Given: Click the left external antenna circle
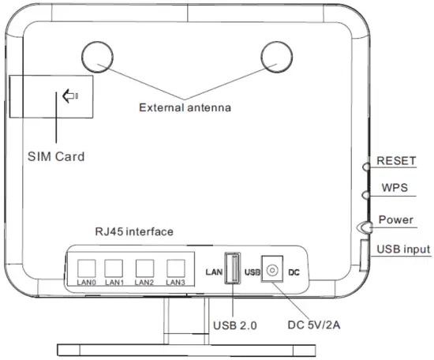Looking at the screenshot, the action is [x=82, y=57].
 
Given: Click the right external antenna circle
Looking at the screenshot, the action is [x=261, y=57].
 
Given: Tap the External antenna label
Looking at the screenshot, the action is [x=185, y=107].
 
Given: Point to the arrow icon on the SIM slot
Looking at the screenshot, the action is [x=70, y=96].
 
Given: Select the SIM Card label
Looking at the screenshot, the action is [x=56, y=156].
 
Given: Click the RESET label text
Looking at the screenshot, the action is [x=396, y=160].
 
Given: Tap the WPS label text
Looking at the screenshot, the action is [x=395, y=187].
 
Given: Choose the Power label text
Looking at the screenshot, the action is [x=396, y=219].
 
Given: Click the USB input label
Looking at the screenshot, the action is [x=403, y=249].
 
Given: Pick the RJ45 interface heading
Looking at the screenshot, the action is [x=134, y=231].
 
